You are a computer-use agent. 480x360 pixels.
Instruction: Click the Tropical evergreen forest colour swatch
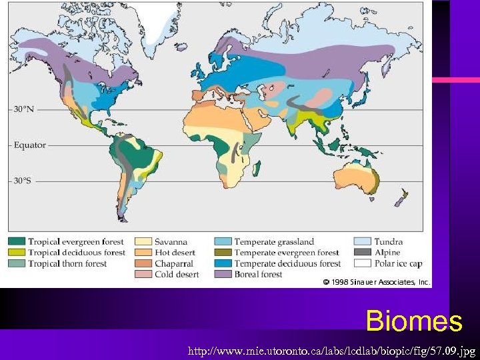[x=17, y=241]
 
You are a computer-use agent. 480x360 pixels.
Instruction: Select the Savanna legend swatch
[x=144, y=241]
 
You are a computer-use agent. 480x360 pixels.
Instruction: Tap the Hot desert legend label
[x=176, y=253]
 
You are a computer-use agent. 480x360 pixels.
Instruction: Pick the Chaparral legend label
[x=174, y=263]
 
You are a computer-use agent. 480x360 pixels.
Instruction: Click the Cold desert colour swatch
[x=144, y=274]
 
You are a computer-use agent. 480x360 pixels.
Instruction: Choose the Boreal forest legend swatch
[x=223, y=274]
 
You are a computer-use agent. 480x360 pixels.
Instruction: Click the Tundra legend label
[x=388, y=241]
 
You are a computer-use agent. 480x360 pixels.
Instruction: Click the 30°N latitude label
[x=24, y=109]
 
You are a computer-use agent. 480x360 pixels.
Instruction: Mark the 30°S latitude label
[x=24, y=180]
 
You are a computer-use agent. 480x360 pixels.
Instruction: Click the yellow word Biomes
[x=413, y=321]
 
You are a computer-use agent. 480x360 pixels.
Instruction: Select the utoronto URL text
[x=332, y=349]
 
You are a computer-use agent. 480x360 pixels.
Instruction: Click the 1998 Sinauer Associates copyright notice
[x=376, y=282]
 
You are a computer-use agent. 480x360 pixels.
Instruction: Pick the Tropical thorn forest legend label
[x=67, y=263]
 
